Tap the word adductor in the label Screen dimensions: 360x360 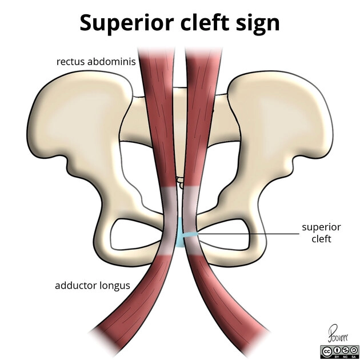pos(76,285)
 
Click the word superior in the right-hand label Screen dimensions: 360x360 pos(321,227)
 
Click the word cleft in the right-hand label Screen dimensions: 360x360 pos(321,239)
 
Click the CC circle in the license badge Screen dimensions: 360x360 pos(328,351)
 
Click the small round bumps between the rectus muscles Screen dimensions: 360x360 pos(180,182)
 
